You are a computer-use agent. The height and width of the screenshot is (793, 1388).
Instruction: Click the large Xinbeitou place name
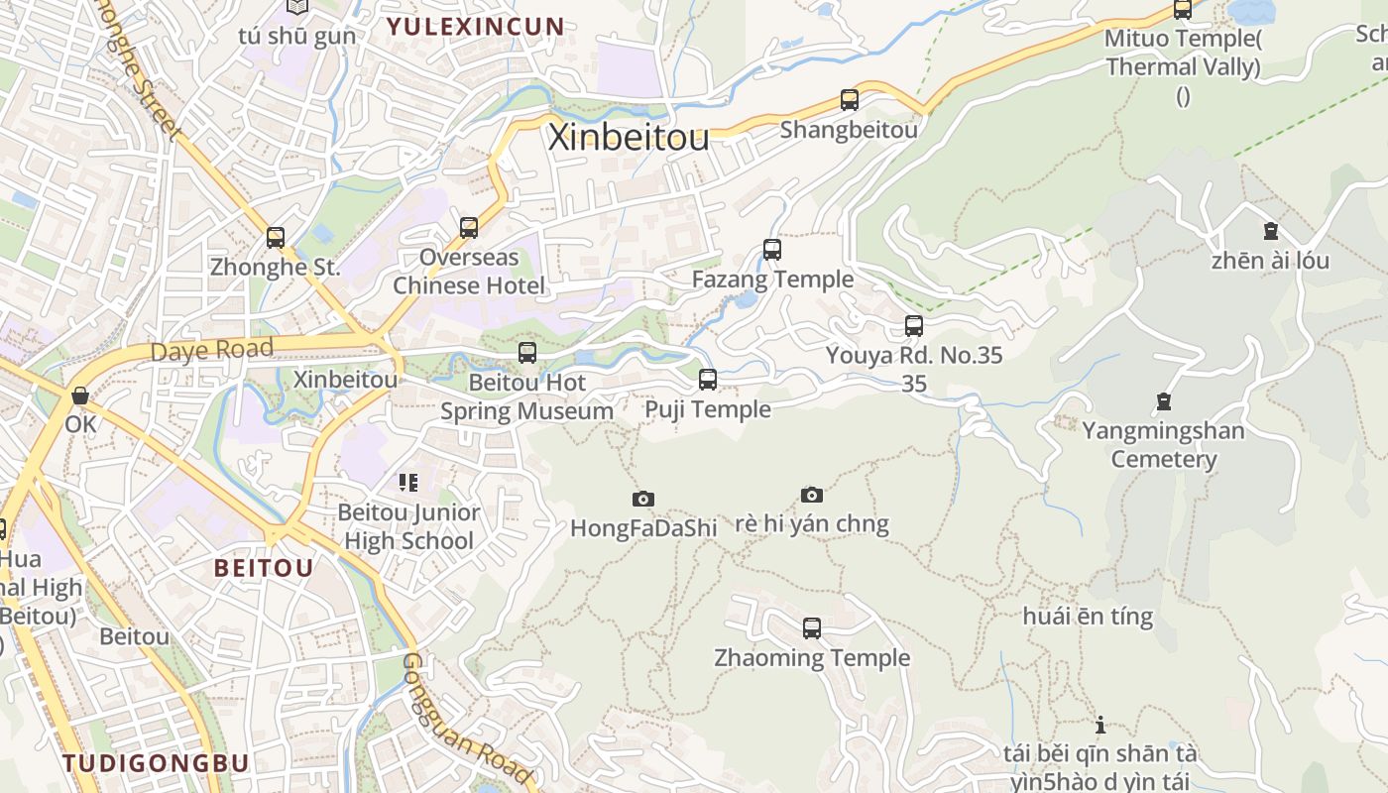tap(629, 137)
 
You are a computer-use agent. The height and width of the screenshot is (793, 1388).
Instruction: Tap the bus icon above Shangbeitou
tap(849, 100)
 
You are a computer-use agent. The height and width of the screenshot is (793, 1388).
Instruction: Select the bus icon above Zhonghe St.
tap(275, 238)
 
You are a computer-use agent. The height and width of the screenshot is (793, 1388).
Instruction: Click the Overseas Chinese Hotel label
tap(469, 272)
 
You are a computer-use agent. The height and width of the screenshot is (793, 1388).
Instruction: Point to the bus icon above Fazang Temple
tap(771, 250)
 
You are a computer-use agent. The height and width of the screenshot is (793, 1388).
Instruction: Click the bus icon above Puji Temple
tap(707, 380)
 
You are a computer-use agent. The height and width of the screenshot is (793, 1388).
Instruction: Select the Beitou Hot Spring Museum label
tap(526, 396)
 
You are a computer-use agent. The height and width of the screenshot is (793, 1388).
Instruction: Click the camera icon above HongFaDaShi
tap(642, 500)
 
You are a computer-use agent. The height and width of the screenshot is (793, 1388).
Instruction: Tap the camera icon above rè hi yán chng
tap(811, 495)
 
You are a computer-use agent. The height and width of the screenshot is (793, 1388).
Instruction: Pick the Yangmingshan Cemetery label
tap(1163, 445)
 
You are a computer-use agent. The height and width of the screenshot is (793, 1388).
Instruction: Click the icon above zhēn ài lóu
tap(1270, 232)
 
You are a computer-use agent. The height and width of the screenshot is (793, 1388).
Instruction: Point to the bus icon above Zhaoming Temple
tap(811, 628)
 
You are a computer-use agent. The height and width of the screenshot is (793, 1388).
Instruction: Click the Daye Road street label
tap(211, 350)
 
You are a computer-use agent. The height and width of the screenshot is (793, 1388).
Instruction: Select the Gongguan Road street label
tap(466, 719)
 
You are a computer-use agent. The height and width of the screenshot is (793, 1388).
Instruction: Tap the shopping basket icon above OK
tap(80, 396)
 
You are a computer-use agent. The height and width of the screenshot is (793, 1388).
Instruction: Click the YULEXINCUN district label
tap(475, 27)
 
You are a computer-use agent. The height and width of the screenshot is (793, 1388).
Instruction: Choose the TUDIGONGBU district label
tap(156, 763)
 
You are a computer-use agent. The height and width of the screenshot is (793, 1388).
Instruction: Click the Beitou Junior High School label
tap(408, 526)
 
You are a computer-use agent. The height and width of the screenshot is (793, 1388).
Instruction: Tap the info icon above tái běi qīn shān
tap(1099, 725)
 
